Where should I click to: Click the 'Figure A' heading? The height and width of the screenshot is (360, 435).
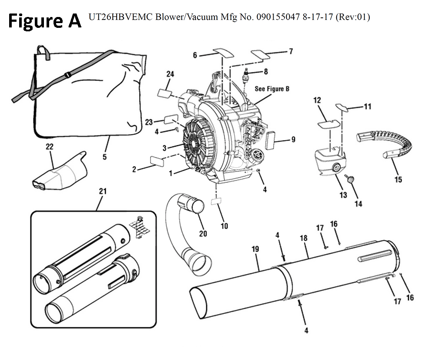pyautogui.click(x=45, y=20)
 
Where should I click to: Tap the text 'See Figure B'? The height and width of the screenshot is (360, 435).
pyautogui.click(x=272, y=89)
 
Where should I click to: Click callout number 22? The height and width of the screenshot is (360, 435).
pyautogui.click(x=49, y=147)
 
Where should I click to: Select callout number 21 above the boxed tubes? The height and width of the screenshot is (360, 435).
pyautogui.click(x=103, y=191)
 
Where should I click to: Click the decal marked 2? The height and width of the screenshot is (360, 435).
pyautogui.click(x=157, y=160)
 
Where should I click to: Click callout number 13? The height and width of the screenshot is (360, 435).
pyautogui.click(x=343, y=195)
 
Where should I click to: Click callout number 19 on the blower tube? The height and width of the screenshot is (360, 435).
pyautogui.click(x=255, y=249)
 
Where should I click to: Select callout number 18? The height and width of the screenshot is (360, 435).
pyautogui.click(x=304, y=239)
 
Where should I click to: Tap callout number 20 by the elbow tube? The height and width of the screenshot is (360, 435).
pyautogui.click(x=203, y=233)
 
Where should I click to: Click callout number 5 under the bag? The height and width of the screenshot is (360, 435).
pyautogui.click(x=104, y=157)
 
